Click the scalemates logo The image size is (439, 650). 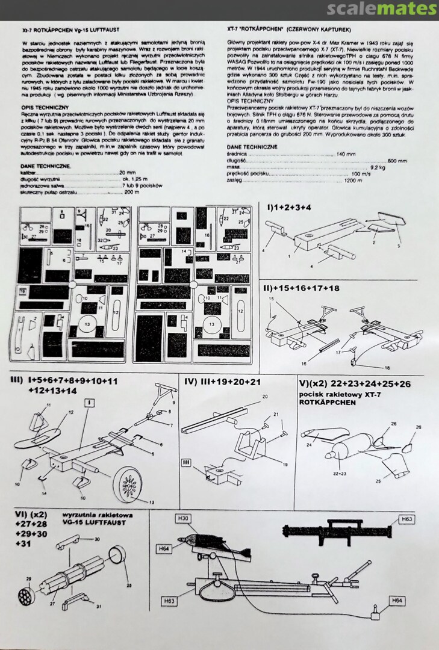(x=382, y=9)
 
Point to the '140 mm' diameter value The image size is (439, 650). (x=346, y=154)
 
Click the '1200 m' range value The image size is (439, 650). (x=353, y=181)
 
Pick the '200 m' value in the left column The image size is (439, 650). (x=131, y=192)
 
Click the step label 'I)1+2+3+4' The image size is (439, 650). (x=289, y=207)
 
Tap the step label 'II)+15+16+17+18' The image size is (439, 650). (x=301, y=288)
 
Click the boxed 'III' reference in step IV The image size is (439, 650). (x=187, y=462)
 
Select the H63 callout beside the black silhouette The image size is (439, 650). (x=407, y=518)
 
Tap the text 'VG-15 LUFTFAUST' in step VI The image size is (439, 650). (x=98, y=523)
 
